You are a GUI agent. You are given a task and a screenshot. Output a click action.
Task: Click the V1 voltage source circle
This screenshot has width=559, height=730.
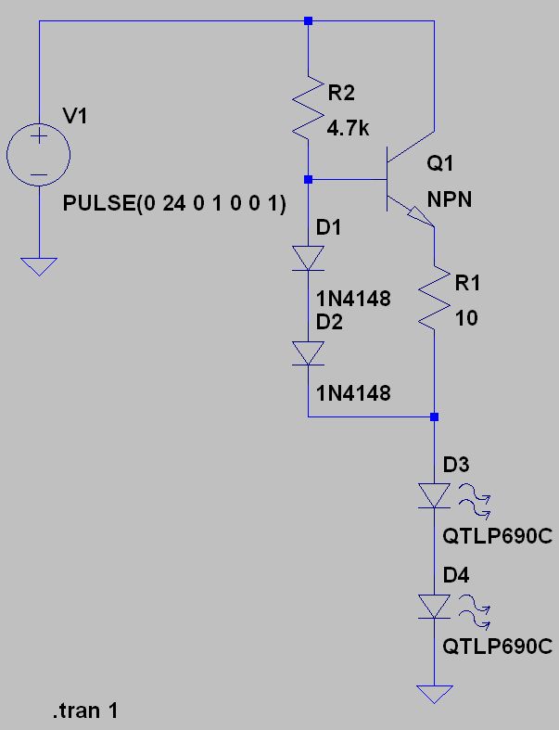[x=39, y=124]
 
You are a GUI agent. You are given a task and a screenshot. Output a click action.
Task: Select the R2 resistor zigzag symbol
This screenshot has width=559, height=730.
[x=308, y=108]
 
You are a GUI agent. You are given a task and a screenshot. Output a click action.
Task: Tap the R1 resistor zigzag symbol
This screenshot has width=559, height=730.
[x=434, y=298]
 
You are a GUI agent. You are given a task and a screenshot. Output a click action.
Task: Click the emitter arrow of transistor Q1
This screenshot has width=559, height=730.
[x=421, y=218]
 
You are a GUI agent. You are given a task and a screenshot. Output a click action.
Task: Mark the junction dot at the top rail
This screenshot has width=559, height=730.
[x=308, y=21]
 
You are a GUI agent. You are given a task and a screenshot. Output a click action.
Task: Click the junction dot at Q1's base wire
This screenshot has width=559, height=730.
[x=308, y=179]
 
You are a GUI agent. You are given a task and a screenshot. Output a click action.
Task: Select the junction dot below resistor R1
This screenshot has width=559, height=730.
[x=434, y=416]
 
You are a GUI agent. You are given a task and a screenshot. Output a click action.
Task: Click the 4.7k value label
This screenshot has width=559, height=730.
[x=348, y=128]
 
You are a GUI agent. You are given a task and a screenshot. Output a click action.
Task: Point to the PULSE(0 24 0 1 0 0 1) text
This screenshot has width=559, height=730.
[x=174, y=203]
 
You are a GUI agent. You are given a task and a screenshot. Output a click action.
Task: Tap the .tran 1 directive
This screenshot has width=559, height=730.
[x=85, y=711]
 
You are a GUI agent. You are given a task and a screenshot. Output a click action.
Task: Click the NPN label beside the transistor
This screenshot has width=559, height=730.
[x=450, y=199]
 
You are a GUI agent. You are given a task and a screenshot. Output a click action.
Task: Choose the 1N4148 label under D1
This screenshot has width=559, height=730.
[x=353, y=299]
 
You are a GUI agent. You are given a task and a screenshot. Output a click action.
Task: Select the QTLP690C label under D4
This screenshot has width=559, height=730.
[x=497, y=647]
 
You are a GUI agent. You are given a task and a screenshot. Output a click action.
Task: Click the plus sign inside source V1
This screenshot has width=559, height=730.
[x=39, y=137]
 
